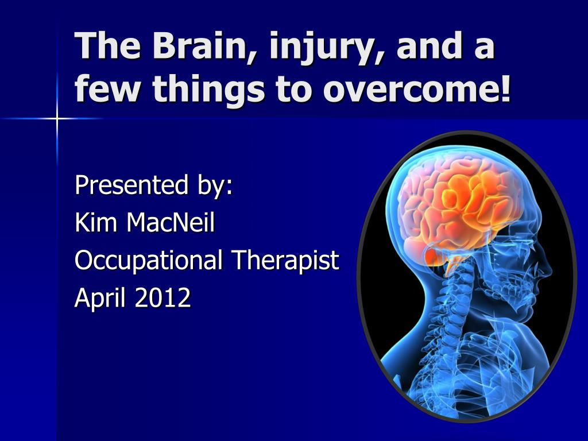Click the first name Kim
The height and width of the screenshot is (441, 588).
(96, 222)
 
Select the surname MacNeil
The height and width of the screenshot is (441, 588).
(171, 222)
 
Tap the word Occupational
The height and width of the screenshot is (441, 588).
(148, 261)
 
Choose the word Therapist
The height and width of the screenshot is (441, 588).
(285, 260)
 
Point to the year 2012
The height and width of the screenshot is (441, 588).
(163, 297)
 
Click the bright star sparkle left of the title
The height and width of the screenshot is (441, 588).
(57, 118)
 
